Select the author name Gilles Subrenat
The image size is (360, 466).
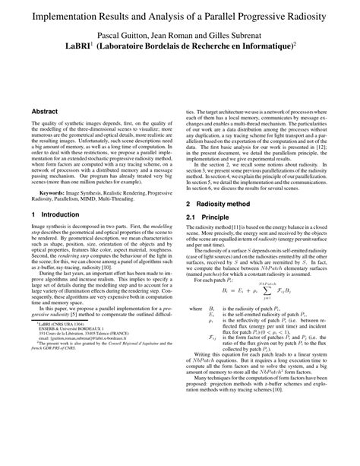tap(241, 35)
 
